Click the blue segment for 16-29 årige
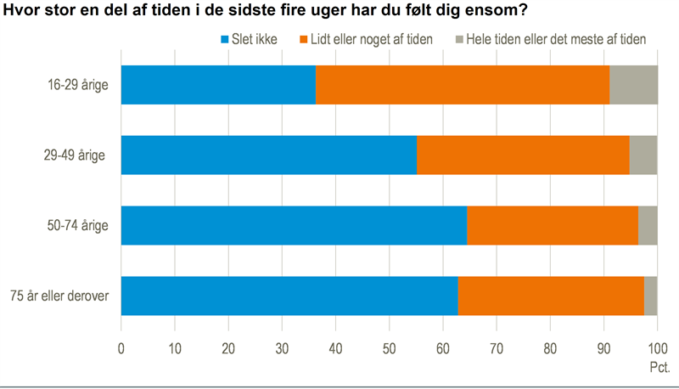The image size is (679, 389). [x=218, y=85]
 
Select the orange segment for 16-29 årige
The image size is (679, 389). [x=463, y=85]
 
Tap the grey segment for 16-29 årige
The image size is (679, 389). [x=633, y=85]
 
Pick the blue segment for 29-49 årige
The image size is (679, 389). [x=269, y=155]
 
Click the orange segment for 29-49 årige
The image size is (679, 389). [x=523, y=155]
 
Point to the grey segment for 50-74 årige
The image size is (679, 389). [x=648, y=225]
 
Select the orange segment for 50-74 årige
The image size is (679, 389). [x=553, y=225]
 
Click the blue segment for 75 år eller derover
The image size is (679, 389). [x=289, y=296]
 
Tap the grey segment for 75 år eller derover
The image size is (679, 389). [x=651, y=296]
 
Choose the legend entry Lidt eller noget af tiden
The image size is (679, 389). [x=372, y=40]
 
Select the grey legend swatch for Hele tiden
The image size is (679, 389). [x=460, y=40]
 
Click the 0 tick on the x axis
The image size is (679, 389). [x=121, y=347]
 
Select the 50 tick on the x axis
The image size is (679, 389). [x=390, y=347]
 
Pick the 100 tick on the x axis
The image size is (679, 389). [x=657, y=347]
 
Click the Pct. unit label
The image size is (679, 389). [x=659, y=367]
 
